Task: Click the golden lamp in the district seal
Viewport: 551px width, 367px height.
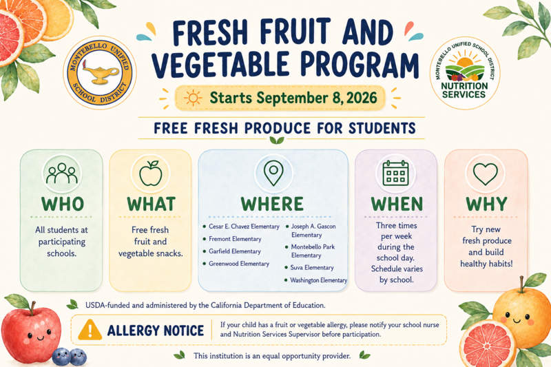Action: click(x=99, y=73)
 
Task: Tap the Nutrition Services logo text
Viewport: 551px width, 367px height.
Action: click(x=464, y=90)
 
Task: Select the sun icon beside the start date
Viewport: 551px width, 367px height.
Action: click(x=193, y=98)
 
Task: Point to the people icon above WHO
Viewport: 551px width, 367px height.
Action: click(x=62, y=173)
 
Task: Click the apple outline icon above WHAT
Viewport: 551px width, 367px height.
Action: click(x=150, y=174)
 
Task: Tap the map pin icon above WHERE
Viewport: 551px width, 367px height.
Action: click(x=273, y=172)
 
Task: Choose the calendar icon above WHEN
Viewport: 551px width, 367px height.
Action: click(x=395, y=173)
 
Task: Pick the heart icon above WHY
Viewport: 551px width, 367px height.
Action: click(x=486, y=174)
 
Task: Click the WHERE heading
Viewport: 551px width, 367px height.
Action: click(x=272, y=204)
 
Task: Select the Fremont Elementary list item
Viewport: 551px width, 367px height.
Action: click(x=235, y=239)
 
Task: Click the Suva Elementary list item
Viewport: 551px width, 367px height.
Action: click(x=312, y=268)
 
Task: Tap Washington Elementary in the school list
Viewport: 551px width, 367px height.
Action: click(x=318, y=280)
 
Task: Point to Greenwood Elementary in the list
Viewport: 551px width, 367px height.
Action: click(x=239, y=264)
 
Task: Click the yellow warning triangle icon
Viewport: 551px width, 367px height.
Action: click(x=90, y=330)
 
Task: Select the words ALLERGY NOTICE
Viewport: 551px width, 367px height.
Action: click(x=156, y=331)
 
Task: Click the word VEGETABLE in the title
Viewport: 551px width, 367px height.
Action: click(x=220, y=65)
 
